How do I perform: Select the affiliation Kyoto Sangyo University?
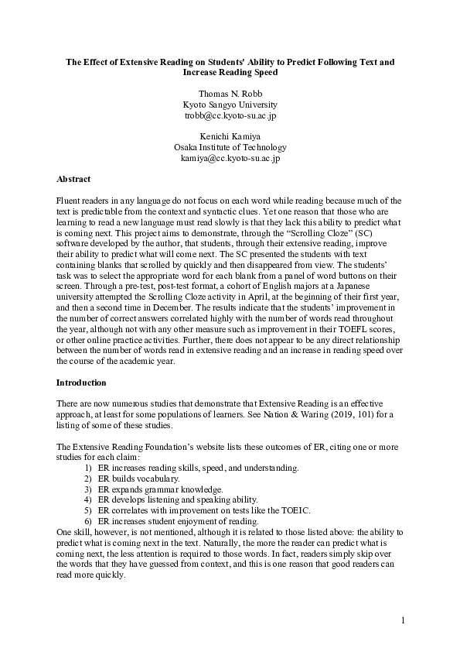[x=230, y=105]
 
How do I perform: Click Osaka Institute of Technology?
[x=230, y=147]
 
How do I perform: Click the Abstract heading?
[x=74, y=179]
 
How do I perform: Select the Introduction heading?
[x=81, y=383]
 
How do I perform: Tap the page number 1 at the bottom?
[x=403, y=621]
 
